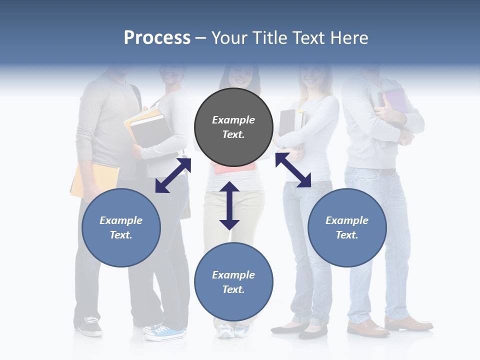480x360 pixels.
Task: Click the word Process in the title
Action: pyautogui.click(x=157, y=38)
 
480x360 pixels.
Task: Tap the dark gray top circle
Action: pyautogui.click(x=233, y=127)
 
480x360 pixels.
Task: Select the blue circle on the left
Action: pyautogui.click(x=121, y=227)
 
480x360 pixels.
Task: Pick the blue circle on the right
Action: pyautogui.click(x=347, y=227)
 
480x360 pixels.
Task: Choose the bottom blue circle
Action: pyautogui.click(x=233, y=282)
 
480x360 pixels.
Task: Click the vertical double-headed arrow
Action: pyautogui.click(x=229, y=205)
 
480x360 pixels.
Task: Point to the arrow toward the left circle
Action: pyautogui.click(x=173, y=175)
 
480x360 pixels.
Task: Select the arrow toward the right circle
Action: pyautogui.click(x=293, y=170)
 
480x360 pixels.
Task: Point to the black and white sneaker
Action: pyautogui.click(x=89, y=326)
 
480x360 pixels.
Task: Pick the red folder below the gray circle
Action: pyautogui.click(x=233, y=168)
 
